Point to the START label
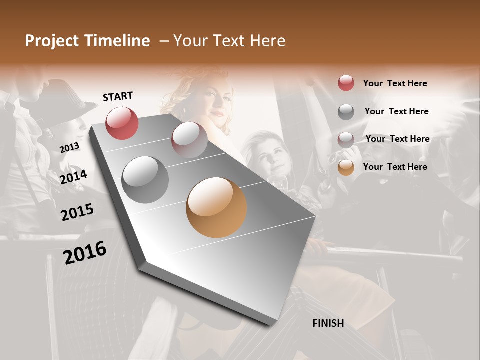pos(118,96)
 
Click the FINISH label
pos(328,323)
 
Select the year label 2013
pos(69,148)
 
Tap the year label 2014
pos(73,177)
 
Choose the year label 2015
pos(77,212)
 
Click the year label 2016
pos(85,253)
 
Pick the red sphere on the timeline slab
pos(122,123)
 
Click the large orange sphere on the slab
pos(216,207)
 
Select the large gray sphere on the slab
pos(145,180)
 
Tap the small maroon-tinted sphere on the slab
pos(189,140)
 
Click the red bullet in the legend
pos(346,83)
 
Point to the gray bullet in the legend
pos(346,111)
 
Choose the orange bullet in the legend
pos(346,167)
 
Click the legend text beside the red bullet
pos(395,83)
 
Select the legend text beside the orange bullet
pos(395,167)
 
